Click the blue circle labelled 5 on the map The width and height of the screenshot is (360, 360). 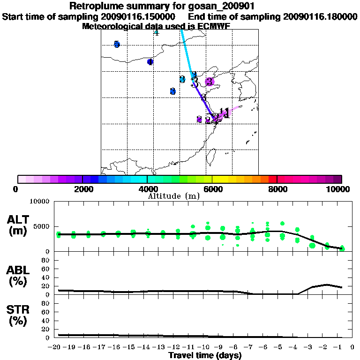(117, 45)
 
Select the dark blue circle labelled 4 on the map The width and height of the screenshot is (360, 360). (150, 62)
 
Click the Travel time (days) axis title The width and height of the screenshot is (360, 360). (205, 355)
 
